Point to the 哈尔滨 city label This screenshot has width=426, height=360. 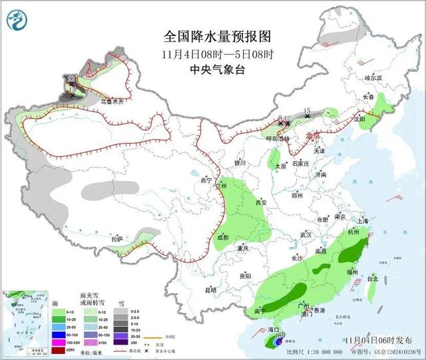(x=373, y=78)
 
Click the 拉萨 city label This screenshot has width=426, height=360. (x=117, y=239)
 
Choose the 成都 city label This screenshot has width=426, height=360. (x=222, y=237)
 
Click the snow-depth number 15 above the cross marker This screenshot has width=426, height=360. (x=307, y=110)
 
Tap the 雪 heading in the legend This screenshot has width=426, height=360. (x=121, y=302)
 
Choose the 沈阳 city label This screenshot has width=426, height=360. (x=360, y=120)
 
